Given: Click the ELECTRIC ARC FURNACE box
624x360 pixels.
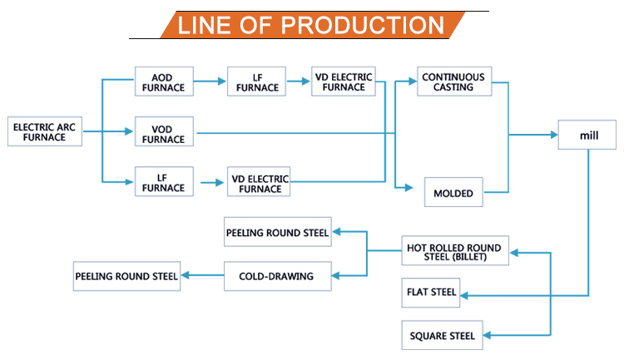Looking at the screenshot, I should (x=45, y=131).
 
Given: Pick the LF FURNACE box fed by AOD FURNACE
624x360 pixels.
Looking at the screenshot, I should (x=256, y=81).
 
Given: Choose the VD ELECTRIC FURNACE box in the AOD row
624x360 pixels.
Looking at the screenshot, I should (x=343, y=81).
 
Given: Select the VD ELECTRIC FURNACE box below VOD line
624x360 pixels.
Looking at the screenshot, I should (x=259, y=181).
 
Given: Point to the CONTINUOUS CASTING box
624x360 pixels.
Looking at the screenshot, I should (x=453, y=81).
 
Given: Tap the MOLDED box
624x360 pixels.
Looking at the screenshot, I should (x=453, y=193).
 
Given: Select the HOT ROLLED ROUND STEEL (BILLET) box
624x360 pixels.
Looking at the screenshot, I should (x=453, y=252).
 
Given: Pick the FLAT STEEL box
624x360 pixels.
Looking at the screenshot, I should (x=431, y=293).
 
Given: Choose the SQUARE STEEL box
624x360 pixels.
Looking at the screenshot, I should (x=442, y=336).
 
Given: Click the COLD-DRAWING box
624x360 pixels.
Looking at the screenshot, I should (x=277, y=276).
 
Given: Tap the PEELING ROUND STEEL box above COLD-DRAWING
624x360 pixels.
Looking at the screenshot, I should (x=278, y=233).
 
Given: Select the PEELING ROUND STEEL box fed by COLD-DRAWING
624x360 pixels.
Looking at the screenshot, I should (x=126, y=276).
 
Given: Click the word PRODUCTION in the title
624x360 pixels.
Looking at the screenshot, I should (x=361, y=24).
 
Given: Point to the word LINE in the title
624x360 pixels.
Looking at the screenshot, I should (x=208, y=24).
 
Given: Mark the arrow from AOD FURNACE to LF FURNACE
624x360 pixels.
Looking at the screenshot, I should (x=210, y=81).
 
